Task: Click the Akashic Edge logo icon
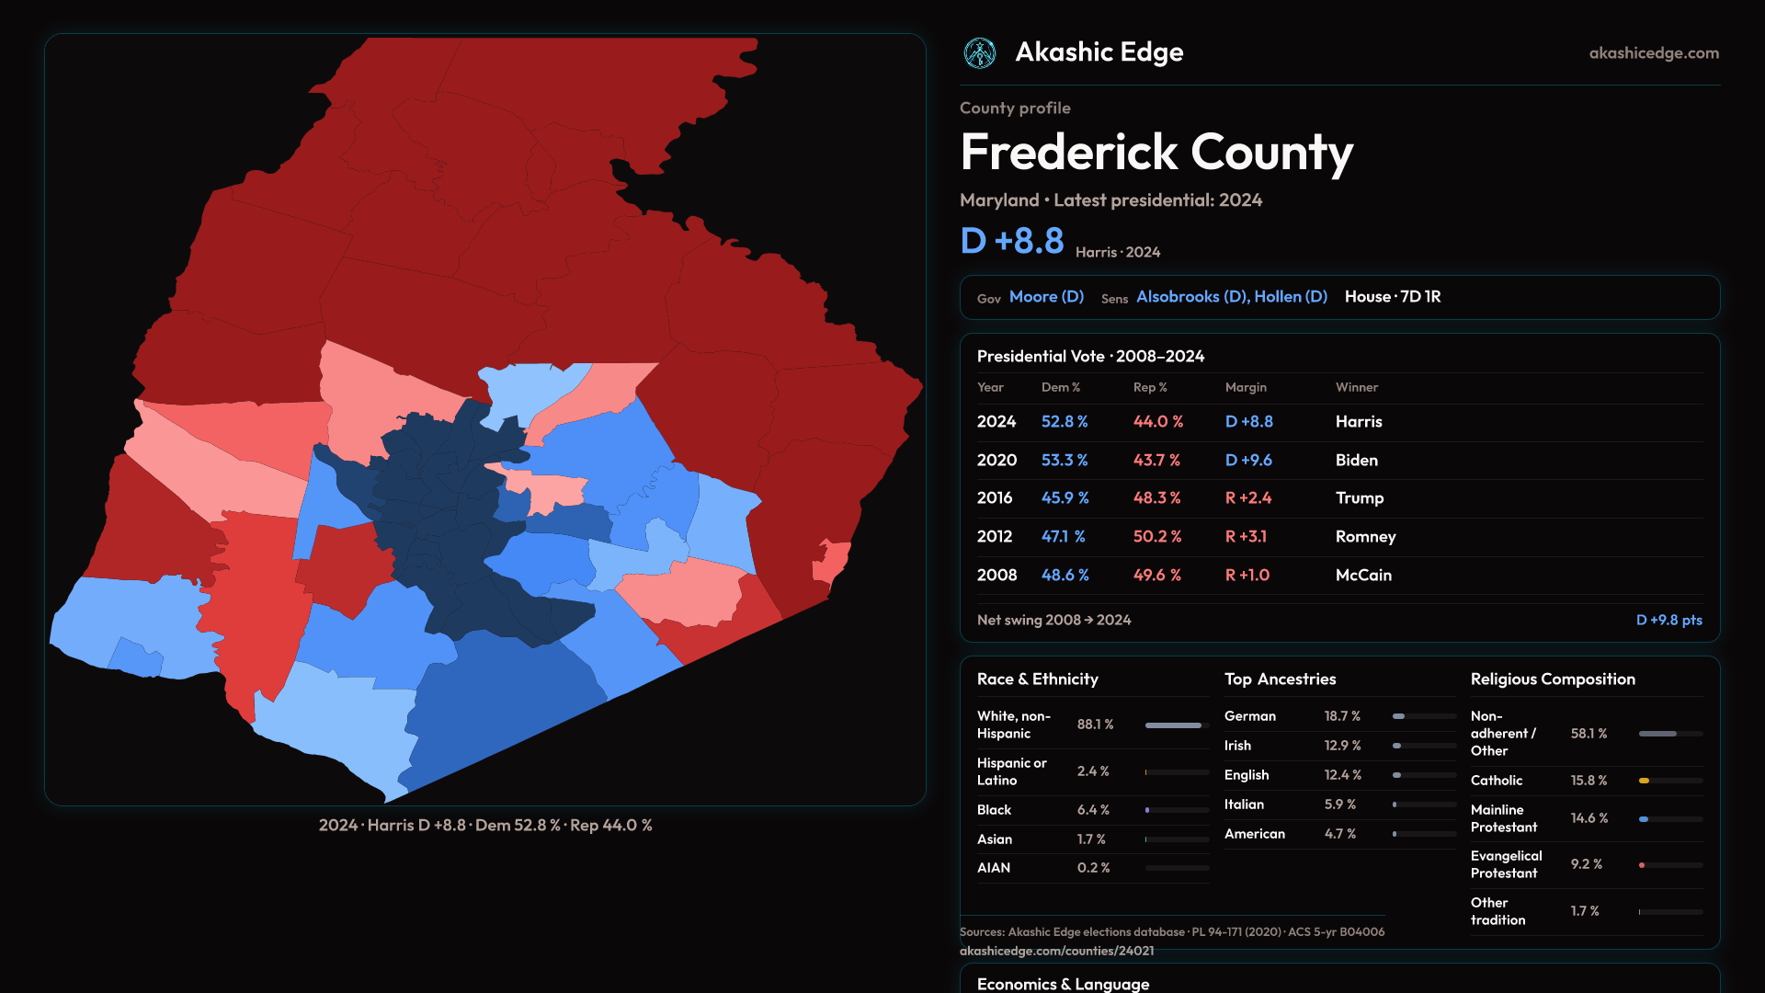979,53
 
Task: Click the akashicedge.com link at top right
1654,53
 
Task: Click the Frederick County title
1156,153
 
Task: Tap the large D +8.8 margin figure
1012,241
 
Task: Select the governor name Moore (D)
1046,297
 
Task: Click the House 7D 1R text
1393,297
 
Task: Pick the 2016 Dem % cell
1065,498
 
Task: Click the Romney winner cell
1365,537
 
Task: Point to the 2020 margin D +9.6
1248,460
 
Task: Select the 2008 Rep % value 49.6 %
1156,576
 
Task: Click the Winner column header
1356,388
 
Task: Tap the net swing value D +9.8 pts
1668,621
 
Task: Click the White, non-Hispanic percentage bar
1174,725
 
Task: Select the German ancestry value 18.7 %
1342,716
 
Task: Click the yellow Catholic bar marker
1644,781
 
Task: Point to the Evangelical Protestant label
1506,864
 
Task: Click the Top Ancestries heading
1280,679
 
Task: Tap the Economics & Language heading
1063,984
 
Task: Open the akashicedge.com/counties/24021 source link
1056,951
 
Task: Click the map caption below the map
485,826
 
